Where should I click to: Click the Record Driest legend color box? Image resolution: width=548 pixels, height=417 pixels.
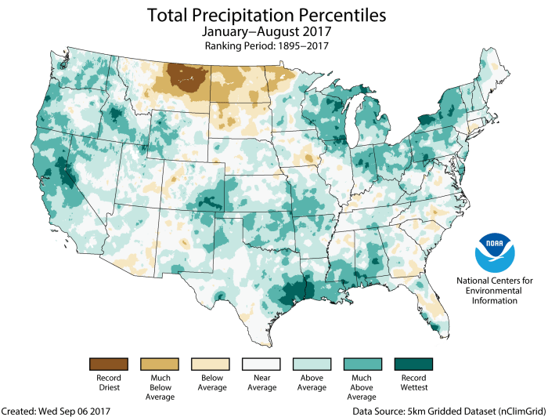[108, 364]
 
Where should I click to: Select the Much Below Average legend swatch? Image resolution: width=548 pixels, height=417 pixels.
[159, 364]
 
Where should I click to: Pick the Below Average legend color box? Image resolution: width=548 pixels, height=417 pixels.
[210, 364]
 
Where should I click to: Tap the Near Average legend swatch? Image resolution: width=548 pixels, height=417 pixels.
[261, 364]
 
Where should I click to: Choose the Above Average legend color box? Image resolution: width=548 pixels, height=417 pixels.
[312, 364]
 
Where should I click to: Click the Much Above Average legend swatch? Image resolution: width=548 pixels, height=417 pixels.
[362, 364]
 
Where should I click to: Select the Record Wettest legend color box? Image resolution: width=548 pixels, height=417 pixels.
[413, 364]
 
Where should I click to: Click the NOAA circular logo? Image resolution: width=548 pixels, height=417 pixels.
[496, 252]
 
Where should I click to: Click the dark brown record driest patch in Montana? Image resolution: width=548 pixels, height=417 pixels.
[185, 78]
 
